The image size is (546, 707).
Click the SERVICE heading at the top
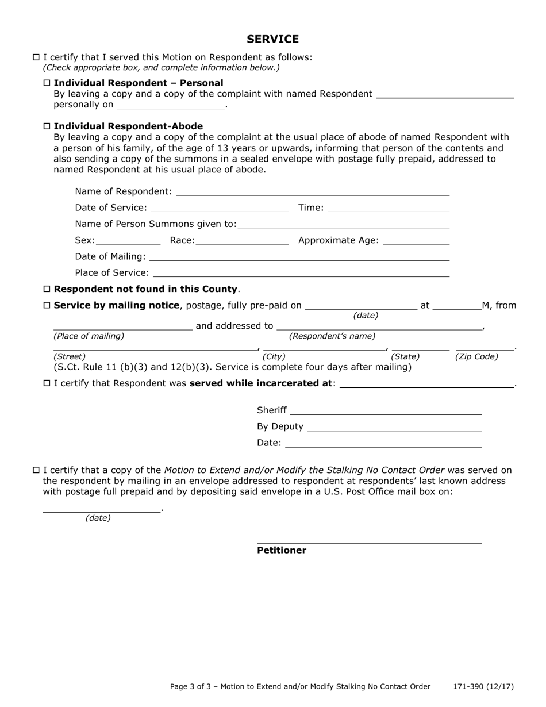click(x=272, y=39)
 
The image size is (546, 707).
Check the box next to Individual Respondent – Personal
click(x=47, y=83)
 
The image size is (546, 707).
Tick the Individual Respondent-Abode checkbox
click(x=47, y=126)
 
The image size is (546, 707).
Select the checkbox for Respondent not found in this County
click(x=47, y=289)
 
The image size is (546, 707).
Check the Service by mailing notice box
click(x=47, y=305)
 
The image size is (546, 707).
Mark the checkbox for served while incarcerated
click(x=47, y=383)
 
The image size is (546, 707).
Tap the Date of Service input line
click(x=220, y=208)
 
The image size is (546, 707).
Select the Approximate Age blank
click(x=416, y=240)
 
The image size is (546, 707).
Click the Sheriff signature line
click(x=386, y=410)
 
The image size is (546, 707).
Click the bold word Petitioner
click(x=281, y=550)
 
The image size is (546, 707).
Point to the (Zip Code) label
click(x=476, y=356)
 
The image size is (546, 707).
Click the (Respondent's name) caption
click(x=332, y=336)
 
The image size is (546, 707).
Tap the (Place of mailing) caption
click(x=89, y=336)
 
